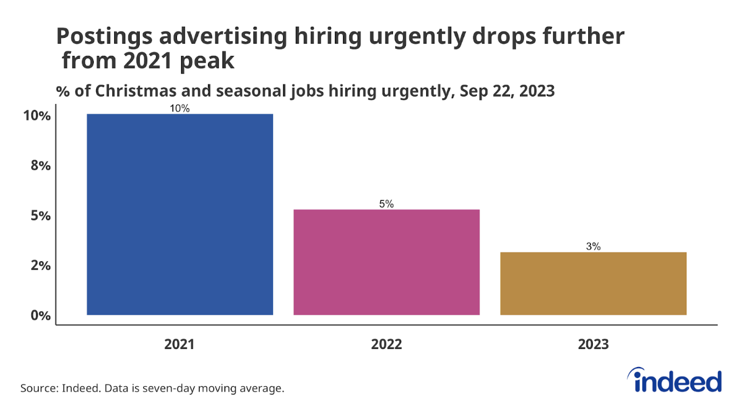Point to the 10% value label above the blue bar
[x=180, y=109]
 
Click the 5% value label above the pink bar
[x=386, y=204]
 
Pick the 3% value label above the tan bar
[x=593, y=247]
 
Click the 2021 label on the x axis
[x=180, y=344]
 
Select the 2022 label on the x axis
[x=386, y=344]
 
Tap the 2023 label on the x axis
[x=593, y=344]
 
